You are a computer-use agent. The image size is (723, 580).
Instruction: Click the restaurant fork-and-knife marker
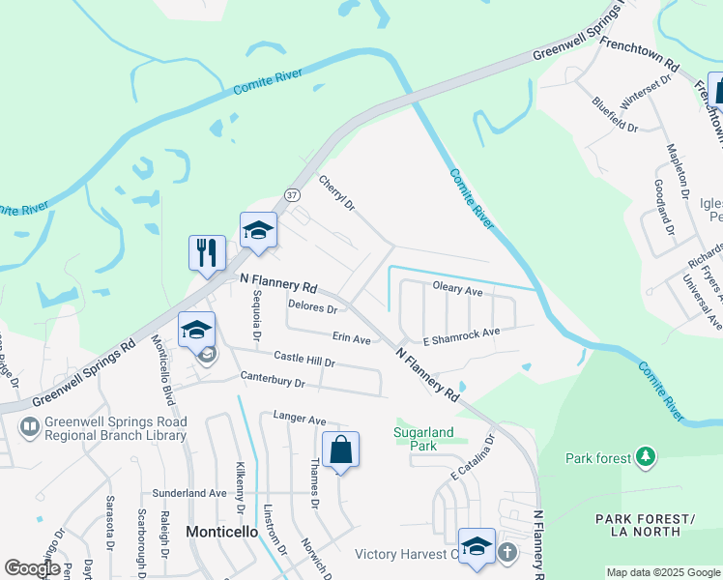207,253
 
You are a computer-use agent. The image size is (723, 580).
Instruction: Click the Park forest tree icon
645,456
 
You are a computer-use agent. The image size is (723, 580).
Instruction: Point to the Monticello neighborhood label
221,532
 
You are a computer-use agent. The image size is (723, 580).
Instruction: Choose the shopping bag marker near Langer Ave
340,449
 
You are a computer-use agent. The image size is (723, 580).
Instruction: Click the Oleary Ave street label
457,289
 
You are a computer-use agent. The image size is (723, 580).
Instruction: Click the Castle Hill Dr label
304,360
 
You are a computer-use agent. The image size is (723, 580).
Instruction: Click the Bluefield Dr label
615,114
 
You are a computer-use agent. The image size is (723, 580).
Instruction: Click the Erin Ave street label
352,339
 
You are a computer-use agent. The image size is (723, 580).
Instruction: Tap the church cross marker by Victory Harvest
507,553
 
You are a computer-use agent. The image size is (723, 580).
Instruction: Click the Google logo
31,567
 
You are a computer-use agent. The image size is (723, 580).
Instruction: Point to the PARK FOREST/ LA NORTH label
645,525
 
